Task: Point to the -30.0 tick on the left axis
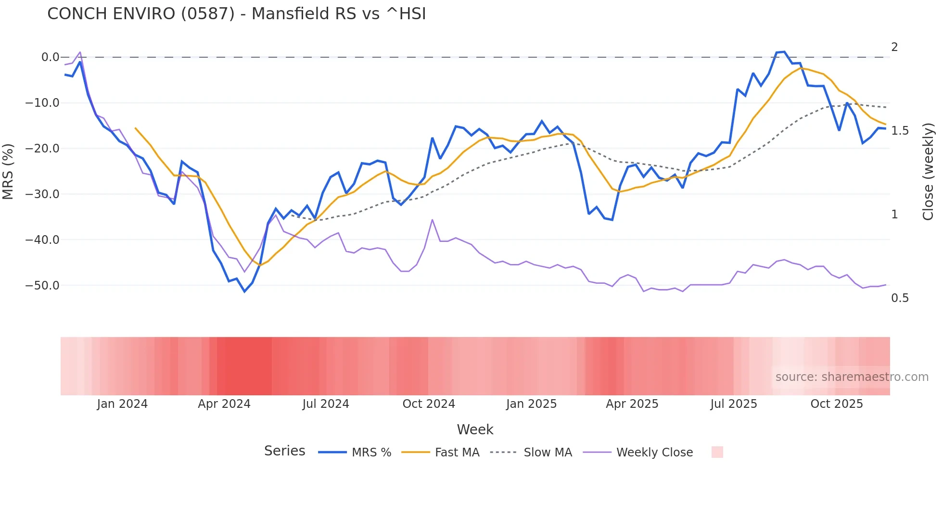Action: [x=42, y=194]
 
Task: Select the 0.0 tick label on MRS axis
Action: [x=50, y=57]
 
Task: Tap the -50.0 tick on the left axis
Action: [x=42, y=286]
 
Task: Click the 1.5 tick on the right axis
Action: [x=900, y=131]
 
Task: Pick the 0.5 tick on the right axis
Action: [x=900, y=298]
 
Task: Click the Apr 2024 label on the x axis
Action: [x=224, y=404]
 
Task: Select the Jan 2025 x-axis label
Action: [x=531, y=404]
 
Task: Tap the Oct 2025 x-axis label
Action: [x=837, y=404]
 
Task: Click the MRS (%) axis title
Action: [x=8, y=171]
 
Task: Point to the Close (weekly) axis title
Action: [x=928, y=171]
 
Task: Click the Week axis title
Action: [x=475, y=429]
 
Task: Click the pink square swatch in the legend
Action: [x=717, y=452]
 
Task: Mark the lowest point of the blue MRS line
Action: [x=244, y=291]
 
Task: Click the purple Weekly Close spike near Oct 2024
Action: [x=432, y=220]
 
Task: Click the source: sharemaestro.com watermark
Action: [x=852, y=377]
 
